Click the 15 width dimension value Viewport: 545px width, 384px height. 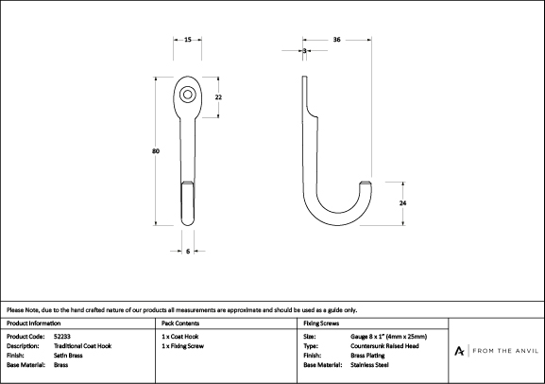pyautogui.click(x=188, y=40)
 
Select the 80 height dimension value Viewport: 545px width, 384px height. pyautogui.click(x=156, y=151)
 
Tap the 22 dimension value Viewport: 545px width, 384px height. pyautogui.click(x=218, y=97)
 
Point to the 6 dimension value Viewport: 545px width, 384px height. pyautogui.click(x=188, y=251)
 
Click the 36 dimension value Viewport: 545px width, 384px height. pyautogui.click(x=336, y=40)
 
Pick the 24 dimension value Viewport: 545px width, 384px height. pyautogui.click(x=402, y=203)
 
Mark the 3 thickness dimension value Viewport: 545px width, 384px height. pyautogui.click(x=304, y=51)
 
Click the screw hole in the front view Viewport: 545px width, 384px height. pyautogui.click(x=187, y=95)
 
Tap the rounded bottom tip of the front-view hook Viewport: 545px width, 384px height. pyautogui.click(x=188, y=223)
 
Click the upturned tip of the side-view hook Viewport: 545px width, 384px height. pyautogui.click(x=365, y=183)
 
